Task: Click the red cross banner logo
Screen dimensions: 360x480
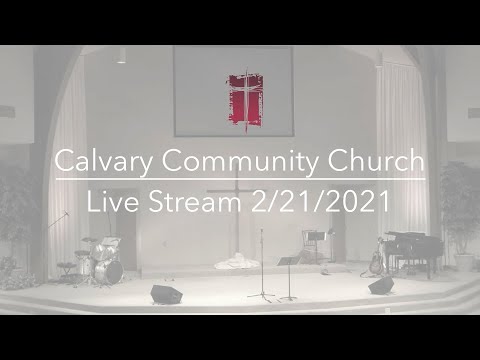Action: point(244,99)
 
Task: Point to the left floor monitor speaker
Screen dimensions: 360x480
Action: point(165,294)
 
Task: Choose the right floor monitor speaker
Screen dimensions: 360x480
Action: point(381,286)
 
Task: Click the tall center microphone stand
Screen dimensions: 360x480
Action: point(261,265)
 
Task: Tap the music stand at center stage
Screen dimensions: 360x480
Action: point(288,270)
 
